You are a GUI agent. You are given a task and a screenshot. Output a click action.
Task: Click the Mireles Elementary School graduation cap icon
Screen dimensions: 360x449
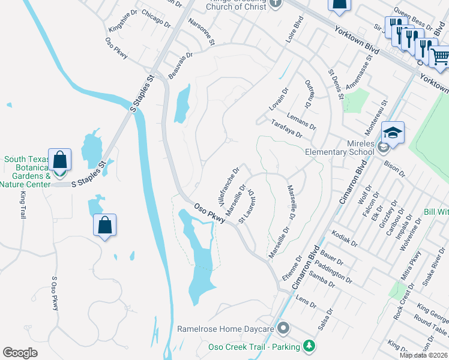coord(393,133)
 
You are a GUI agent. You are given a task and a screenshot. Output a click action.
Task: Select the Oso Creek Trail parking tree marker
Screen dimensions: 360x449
coord(309,346)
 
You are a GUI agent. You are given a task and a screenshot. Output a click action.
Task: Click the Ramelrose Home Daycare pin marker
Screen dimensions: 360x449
coord(284,329)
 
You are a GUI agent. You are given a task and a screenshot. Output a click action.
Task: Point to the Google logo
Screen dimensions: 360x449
coord(20,353)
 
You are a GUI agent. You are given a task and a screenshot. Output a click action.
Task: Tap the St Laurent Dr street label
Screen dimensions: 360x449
coord(247,207)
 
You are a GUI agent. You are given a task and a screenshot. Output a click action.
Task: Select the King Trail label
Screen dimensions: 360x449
coord(23,204)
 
